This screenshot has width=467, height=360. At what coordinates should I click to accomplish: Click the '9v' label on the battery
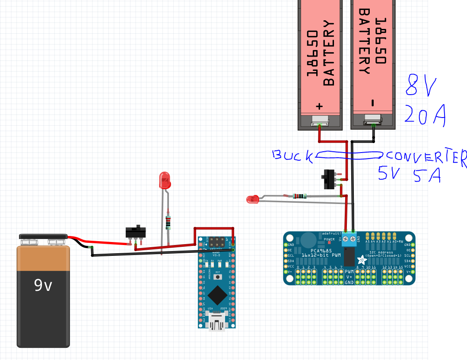click(x=43, y=286)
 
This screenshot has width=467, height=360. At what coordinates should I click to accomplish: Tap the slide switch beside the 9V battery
click(x=136, y=232)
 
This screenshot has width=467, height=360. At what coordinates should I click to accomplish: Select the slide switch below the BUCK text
click(x=329, y=179)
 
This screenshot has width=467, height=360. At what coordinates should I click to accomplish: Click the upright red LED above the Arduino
click(x=165, y=180)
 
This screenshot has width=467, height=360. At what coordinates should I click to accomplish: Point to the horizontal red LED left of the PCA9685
click(x=252, y=199)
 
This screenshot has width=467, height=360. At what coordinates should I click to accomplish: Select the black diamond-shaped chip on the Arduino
click(x=217, y=296)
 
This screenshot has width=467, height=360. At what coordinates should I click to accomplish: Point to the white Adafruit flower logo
click(x=360, y=260)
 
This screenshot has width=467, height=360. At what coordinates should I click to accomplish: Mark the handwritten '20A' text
click(x=425, y=115)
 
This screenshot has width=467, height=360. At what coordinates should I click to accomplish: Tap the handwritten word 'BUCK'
click(x=292, y=156)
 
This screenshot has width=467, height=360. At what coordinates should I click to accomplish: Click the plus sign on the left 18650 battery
click(x=320, y=106)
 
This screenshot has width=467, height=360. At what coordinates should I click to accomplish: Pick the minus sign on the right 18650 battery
click(x=372, y=103)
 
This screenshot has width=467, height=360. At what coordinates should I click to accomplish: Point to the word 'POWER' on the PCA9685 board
click(x=329, y=239)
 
